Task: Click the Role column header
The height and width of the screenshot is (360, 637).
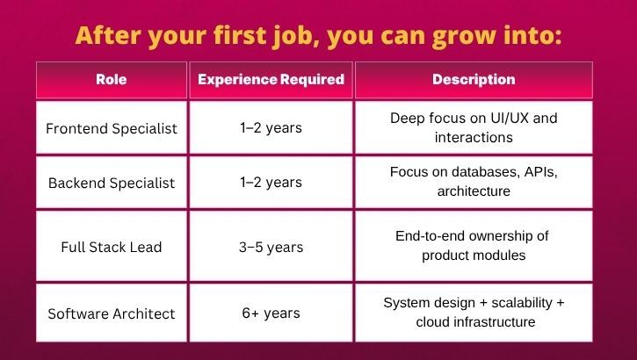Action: coord(111,80)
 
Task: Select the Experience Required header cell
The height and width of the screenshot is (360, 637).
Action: coord(271,80)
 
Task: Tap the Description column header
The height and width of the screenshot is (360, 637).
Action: coord(474,80)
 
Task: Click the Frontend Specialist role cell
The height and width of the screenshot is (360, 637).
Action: coord(111,128)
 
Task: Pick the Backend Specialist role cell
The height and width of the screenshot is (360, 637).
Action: coord(111,183)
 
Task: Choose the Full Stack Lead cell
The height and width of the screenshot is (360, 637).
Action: coord(111,247)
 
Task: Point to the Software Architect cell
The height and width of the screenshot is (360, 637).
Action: coord(111,313)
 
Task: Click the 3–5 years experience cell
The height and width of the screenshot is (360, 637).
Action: coord(271,247)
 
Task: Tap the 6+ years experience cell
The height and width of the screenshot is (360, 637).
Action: coord(271,313)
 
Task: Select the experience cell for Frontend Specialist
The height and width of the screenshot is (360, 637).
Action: coord(271,128)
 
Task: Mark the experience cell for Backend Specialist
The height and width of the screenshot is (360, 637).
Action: coord(271,183)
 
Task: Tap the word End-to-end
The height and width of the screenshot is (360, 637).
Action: coord(429,236)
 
